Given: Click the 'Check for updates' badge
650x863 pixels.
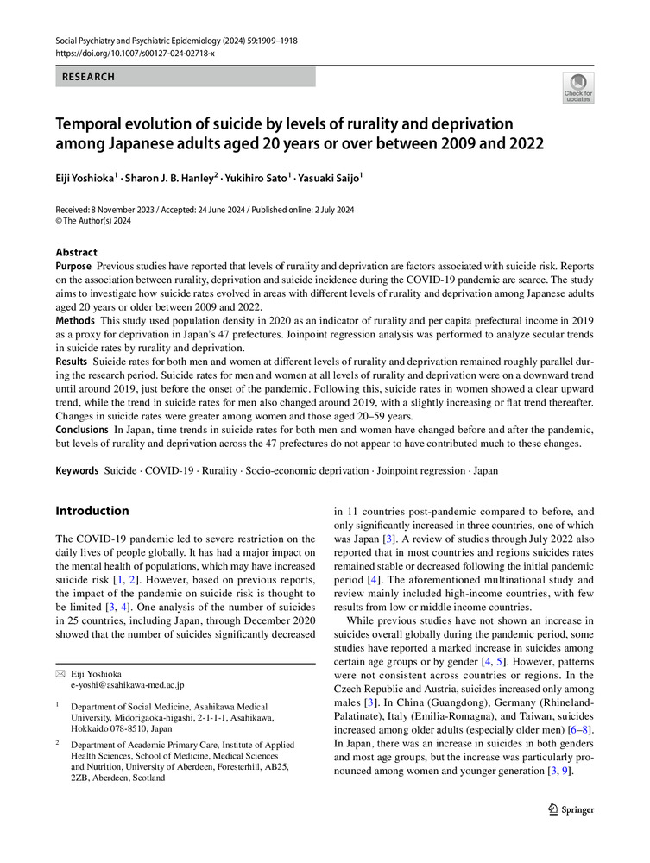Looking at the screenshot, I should [578, 89].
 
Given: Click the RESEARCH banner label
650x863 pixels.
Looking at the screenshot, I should [88, 77].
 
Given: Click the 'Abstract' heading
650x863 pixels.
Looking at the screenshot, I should [77, 252].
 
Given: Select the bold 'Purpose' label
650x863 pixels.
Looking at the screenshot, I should [73, 267].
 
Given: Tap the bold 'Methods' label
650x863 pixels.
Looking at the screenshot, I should [75, 319].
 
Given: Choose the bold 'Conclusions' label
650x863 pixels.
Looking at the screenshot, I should [82, 429].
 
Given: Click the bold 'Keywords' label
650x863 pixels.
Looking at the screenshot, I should [77, 472].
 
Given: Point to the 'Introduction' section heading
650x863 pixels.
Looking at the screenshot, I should [92, 511].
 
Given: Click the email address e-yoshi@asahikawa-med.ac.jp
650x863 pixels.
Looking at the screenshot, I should [127, 685].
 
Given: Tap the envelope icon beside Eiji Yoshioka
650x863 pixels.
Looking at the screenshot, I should [60, 674].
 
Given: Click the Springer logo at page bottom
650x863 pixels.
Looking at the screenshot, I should [571, 809].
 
